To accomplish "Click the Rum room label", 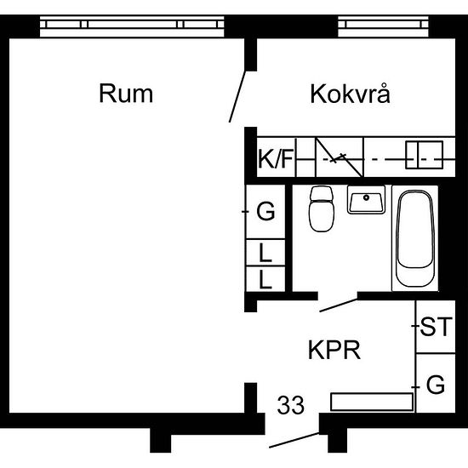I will point(126,93).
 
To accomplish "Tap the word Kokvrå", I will point(350,93).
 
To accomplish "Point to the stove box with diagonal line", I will point(339,157).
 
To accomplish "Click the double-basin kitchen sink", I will point(423,155).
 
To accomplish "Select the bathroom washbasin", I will point(367,202).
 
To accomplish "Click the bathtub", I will point(415,241).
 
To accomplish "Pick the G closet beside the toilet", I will point(265,212).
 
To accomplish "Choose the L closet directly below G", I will point(265,252).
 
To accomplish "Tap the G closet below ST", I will point(434,385).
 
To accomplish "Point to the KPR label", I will point(334,350).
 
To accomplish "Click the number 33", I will point(291,404).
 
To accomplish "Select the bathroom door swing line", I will point(338,303).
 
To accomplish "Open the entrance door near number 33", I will point(294,440).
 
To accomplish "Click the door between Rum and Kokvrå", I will point(240,96).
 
